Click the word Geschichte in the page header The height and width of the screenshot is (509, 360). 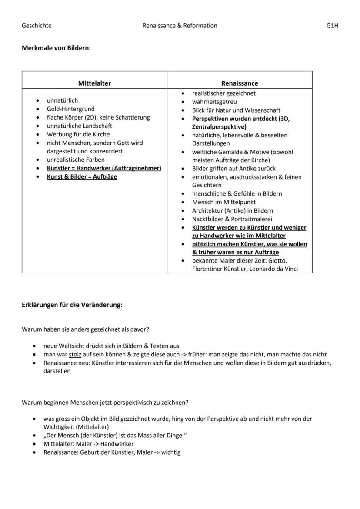click(37, 26)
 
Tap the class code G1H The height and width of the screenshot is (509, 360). click(332, 26)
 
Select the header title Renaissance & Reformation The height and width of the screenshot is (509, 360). click(180, 26)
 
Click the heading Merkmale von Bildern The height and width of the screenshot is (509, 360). click(56, 48)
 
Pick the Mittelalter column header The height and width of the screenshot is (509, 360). click(94, 83)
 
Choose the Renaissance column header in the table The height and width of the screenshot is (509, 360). click(240, 83)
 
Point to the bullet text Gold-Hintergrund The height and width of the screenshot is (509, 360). click(70, 109)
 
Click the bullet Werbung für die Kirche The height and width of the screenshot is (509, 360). click(78, 134)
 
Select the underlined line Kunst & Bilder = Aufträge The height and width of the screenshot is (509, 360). click(82, 177)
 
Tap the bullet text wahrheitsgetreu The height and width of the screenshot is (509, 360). click(214, 102)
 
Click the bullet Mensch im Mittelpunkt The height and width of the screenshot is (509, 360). click(224, 202)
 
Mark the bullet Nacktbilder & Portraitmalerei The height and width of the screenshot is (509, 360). click(232, 219)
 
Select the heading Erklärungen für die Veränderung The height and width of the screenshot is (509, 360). click(72, 305)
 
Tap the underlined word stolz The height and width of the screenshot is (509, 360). click(75, 354)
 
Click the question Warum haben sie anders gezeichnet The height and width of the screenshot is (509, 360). click(85, 329)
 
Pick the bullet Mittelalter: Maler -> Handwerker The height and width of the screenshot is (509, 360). click(88, 444)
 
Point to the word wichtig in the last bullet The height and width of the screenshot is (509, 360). click(170, 452)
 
